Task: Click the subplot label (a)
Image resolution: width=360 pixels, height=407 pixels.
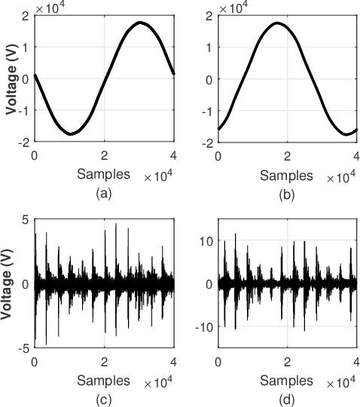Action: (104, 193)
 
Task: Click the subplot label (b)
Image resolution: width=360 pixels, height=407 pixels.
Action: (287, 193)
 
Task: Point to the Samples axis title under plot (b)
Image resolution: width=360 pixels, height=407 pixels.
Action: (286, 175)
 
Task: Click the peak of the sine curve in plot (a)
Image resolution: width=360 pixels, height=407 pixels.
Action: (140, 23)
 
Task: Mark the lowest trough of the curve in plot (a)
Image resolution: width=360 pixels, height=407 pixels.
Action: (70, 134)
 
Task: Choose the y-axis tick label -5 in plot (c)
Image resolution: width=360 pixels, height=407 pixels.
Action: (23, 348)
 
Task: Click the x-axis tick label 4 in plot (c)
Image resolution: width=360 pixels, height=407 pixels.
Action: (174, 362)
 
